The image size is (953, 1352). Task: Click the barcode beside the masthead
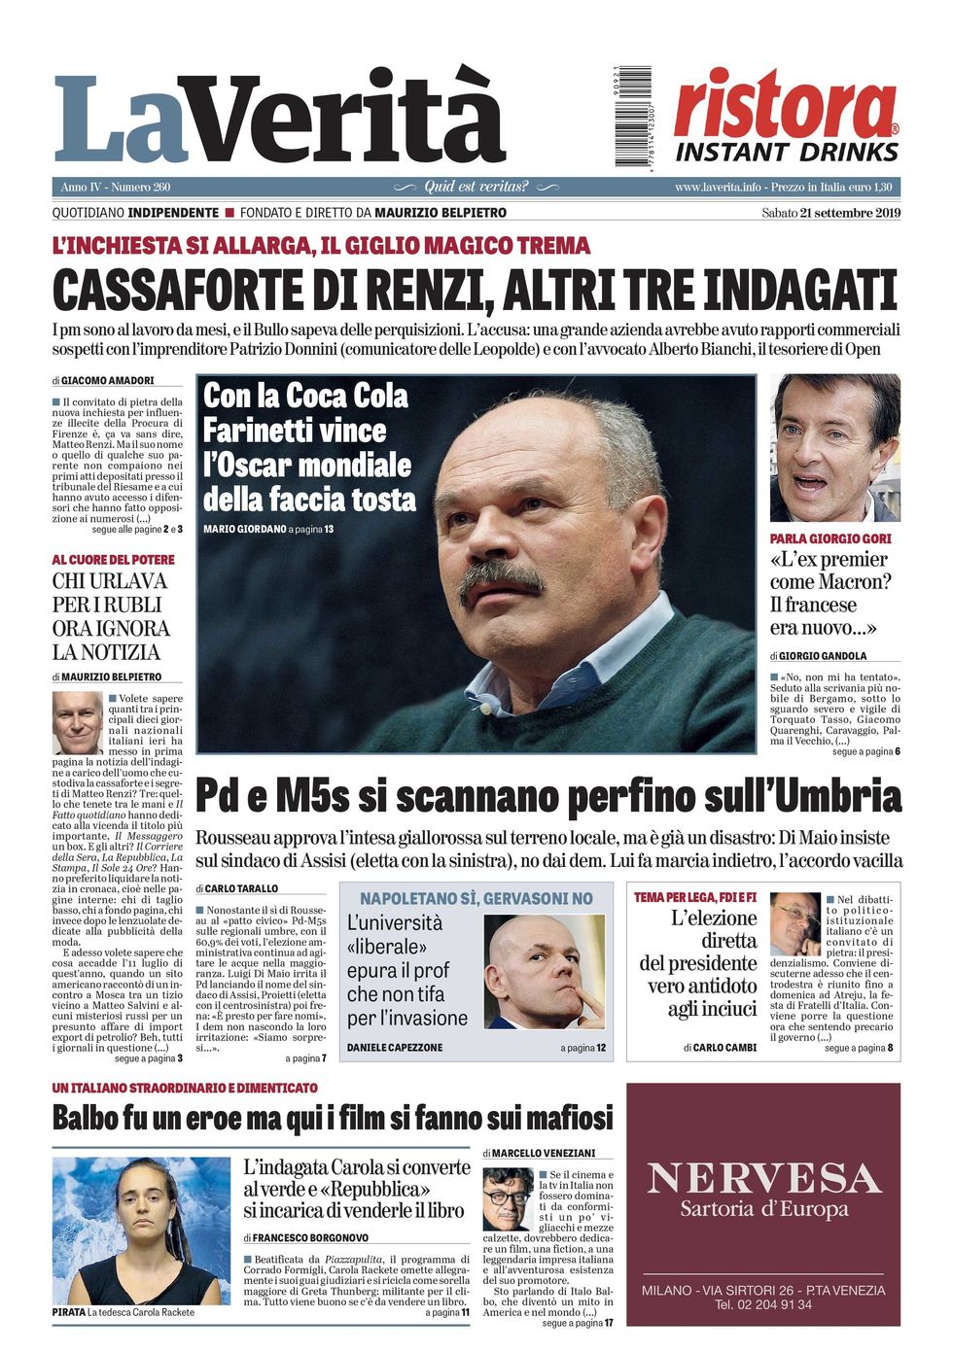click(632, 117)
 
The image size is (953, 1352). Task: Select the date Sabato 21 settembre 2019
click(830, 213)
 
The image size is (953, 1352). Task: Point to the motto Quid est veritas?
click(476, 187)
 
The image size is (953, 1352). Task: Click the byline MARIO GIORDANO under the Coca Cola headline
click(245, 529)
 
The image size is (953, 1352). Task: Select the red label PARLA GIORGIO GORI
click(830, 537)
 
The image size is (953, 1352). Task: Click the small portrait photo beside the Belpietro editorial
click(77, 722)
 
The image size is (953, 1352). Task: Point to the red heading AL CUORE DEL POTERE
click(114, 559)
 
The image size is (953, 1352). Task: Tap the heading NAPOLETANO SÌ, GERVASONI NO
click(476, 899)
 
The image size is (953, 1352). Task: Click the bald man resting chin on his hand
click(546, 971)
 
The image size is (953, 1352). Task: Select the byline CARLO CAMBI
click(725, 1048)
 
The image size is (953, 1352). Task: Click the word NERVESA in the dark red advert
click(763, 1178)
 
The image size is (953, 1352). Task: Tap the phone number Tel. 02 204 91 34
click(763, 1304)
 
